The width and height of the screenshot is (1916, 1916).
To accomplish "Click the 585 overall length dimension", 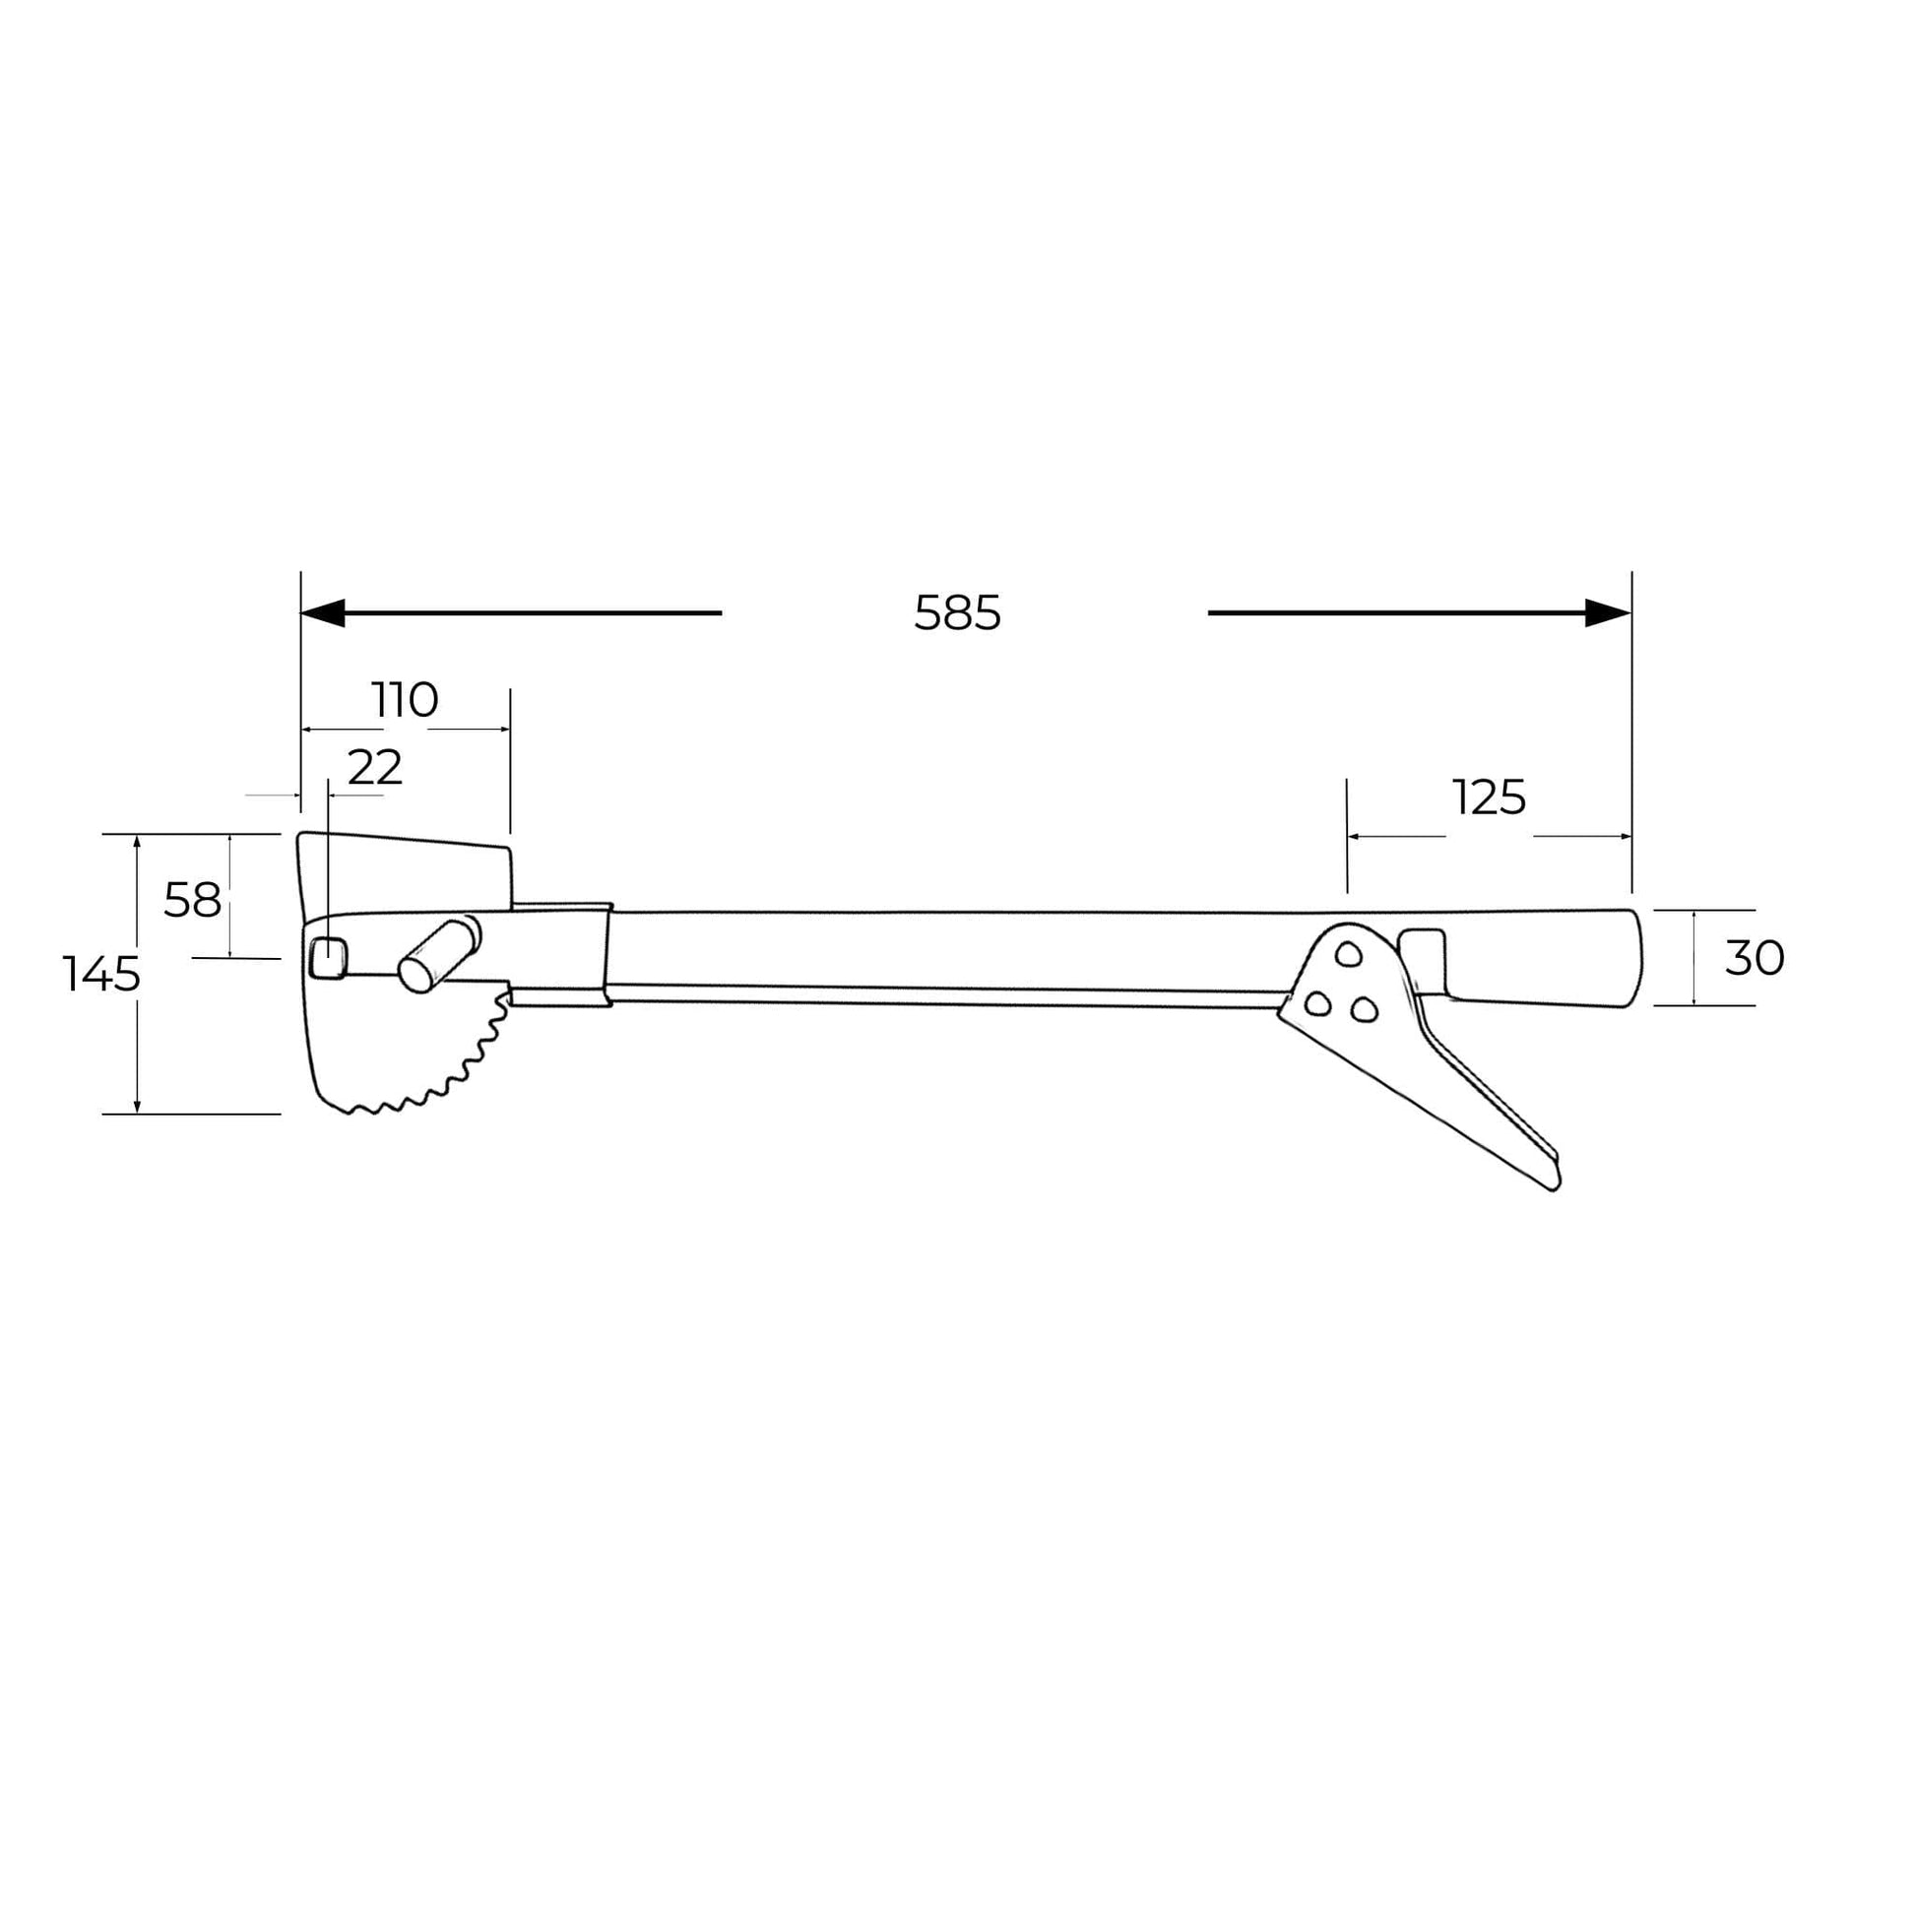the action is (x=957, y=612).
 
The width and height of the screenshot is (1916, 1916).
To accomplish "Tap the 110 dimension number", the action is (x=405, y=700).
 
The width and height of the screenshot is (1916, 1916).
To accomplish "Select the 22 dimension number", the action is (x=375, y=767).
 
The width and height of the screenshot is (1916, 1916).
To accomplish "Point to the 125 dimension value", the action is (x=1489, y=798).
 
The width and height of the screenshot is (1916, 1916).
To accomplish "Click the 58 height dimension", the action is (x=192, y=901).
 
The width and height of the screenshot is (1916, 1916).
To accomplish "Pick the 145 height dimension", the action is (x=101, y=974).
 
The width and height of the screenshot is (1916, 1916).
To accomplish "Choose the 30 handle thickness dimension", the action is (x=1755, y=958).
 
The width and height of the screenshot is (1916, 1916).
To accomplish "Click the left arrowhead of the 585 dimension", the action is (x=322, y=612).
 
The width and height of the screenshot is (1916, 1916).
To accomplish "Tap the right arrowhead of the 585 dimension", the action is (x=1608, y=612).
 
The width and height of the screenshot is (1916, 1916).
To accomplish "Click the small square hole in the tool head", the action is (x=328, y=958).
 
